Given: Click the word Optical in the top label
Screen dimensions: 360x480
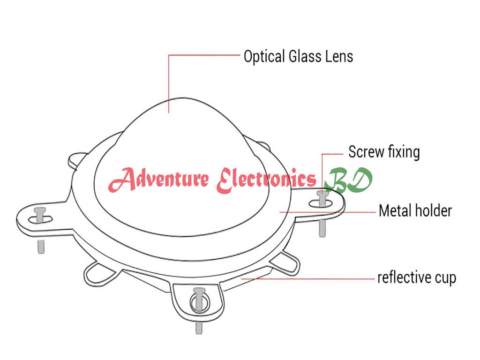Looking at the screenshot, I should click(x=264, y=57).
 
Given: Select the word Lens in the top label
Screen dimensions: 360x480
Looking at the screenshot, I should click(x=339, y=57).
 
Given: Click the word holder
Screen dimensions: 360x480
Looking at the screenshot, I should click(x=433, y=210).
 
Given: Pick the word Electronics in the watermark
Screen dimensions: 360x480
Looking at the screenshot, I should click(x=266, y=180).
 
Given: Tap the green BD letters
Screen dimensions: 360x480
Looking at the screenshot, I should click(x=350, y=180).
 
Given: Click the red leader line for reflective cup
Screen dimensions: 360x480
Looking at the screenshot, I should click(x=309, y=278).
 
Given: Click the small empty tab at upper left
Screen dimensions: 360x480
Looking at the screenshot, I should click(x=77, y=159).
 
